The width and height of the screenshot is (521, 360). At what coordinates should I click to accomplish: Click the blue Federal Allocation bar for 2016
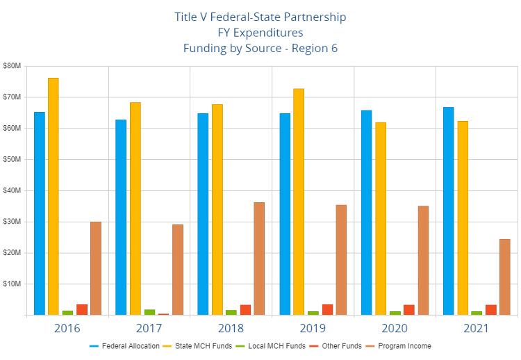pos(40,213)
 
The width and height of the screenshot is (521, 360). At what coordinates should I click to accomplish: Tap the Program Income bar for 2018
pos(259,259)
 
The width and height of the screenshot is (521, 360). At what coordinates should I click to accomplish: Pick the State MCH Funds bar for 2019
pos(298,202)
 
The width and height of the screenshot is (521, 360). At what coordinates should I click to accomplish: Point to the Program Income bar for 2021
pos(505,277)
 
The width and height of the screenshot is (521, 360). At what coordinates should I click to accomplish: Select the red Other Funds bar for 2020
pos(409,309)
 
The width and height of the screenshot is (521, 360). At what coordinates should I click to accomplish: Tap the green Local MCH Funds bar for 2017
pos(149,312)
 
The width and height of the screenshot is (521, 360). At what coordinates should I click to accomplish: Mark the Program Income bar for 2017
pos(178,270)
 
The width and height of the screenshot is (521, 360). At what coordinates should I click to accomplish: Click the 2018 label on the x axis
pos(232,327)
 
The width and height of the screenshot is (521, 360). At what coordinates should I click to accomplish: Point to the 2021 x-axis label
pos(477,327)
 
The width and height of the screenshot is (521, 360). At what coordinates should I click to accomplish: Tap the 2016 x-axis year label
pos(67,327)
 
